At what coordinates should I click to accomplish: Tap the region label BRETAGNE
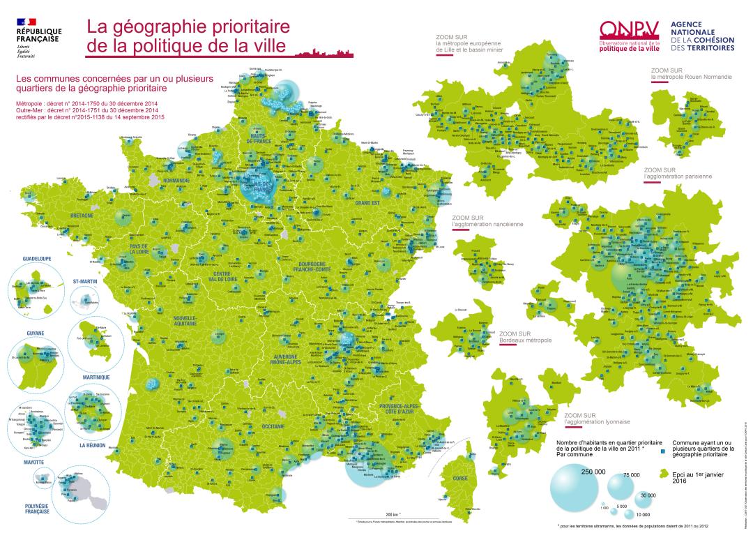pyautogui.click(x=82, y=216)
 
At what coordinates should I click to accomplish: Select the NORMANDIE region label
pyautogui.click(x=177, y=180)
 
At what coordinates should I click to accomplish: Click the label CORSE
pyautogui.click(x=460, y=479)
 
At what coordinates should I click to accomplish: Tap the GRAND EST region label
pyautogui.click(x=367, y=202)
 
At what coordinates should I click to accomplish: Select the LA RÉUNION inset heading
pyautogui.click(x=93, y=445)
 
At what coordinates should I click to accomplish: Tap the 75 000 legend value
pyautogui.click(x=632, y=475)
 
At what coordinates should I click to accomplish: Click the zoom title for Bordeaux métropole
pyautogui.click(x=525, y=337)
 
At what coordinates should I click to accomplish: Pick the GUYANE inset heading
pyautogui.click(x=36, y=333)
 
